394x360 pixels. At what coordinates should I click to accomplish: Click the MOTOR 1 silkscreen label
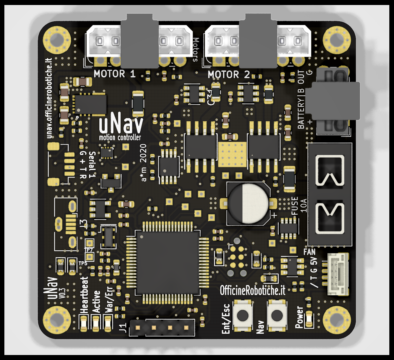114,74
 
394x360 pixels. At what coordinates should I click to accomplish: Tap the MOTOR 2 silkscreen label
229,74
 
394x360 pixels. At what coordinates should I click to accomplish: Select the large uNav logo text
121,124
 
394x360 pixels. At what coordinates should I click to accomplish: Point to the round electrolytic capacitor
248,203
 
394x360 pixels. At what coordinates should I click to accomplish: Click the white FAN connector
337,274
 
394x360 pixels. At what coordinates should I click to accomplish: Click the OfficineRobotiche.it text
252,291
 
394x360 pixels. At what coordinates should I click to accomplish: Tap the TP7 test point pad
90,243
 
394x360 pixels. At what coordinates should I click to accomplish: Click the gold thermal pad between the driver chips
232,154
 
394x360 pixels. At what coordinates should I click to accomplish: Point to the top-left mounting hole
57,40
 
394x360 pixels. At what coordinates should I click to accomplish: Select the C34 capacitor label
210,97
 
